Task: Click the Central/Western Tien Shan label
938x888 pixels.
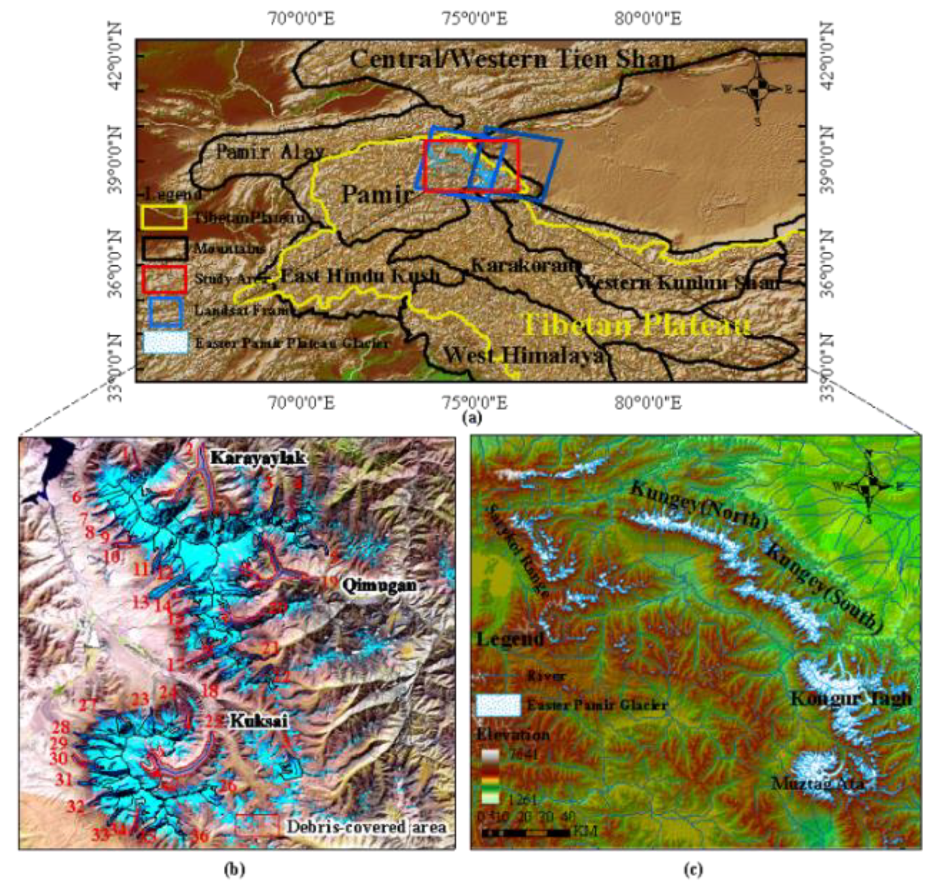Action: (x=512, y=60)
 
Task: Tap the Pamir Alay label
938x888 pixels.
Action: (x=270, y=152)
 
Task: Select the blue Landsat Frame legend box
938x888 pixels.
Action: (x=165, y=311)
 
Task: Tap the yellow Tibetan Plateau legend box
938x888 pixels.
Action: (x=164, y=217)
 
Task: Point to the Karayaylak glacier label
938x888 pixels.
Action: (x=257, y=458)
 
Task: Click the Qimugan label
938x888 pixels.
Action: (x=379, y=585)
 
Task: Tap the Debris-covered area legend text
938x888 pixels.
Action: (x=366, y=827)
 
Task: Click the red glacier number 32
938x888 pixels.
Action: (x=76, y=807)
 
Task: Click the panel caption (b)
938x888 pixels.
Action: (x=234, y=869)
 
